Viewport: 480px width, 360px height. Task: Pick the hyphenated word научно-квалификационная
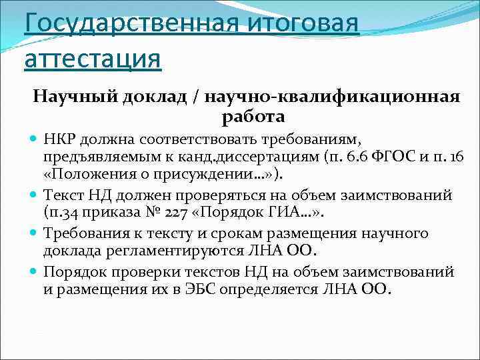pyautogui.click(x=333, y=97)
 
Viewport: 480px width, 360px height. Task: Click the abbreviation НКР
pyautogui.click(x=62, y=138)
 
